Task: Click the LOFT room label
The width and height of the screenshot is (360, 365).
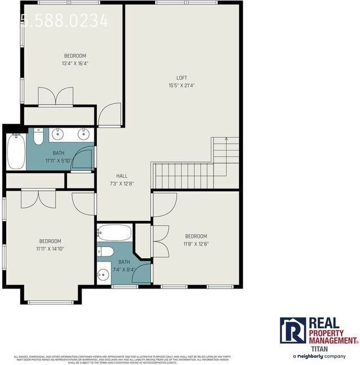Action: point(182,78)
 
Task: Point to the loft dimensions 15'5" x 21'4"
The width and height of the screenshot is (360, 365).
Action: point(182,85)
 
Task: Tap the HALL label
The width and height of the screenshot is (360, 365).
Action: point(122,176)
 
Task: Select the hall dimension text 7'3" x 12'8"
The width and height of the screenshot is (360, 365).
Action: point(122,183)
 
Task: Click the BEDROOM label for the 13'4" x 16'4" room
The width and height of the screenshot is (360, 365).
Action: point(75,56)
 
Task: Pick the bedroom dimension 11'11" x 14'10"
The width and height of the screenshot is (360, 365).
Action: point(50,249)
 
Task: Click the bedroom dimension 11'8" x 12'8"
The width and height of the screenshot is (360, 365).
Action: point(196,244)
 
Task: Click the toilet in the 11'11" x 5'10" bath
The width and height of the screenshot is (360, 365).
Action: point(38,137)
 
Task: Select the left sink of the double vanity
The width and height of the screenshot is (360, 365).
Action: point(59,134)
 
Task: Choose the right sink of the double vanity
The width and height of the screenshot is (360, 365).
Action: point(83,134)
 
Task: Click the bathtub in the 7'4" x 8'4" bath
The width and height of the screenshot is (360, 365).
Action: point(114,232)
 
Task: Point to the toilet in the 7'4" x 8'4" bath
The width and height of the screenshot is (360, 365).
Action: point(106,251)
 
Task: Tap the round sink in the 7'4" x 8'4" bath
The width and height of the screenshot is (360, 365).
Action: point(103,274)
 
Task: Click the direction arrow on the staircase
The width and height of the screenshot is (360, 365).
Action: point(226,139)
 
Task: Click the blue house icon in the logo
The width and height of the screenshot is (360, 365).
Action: point(293,330)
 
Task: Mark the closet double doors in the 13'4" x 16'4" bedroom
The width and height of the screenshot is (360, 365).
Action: point(55,96)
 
